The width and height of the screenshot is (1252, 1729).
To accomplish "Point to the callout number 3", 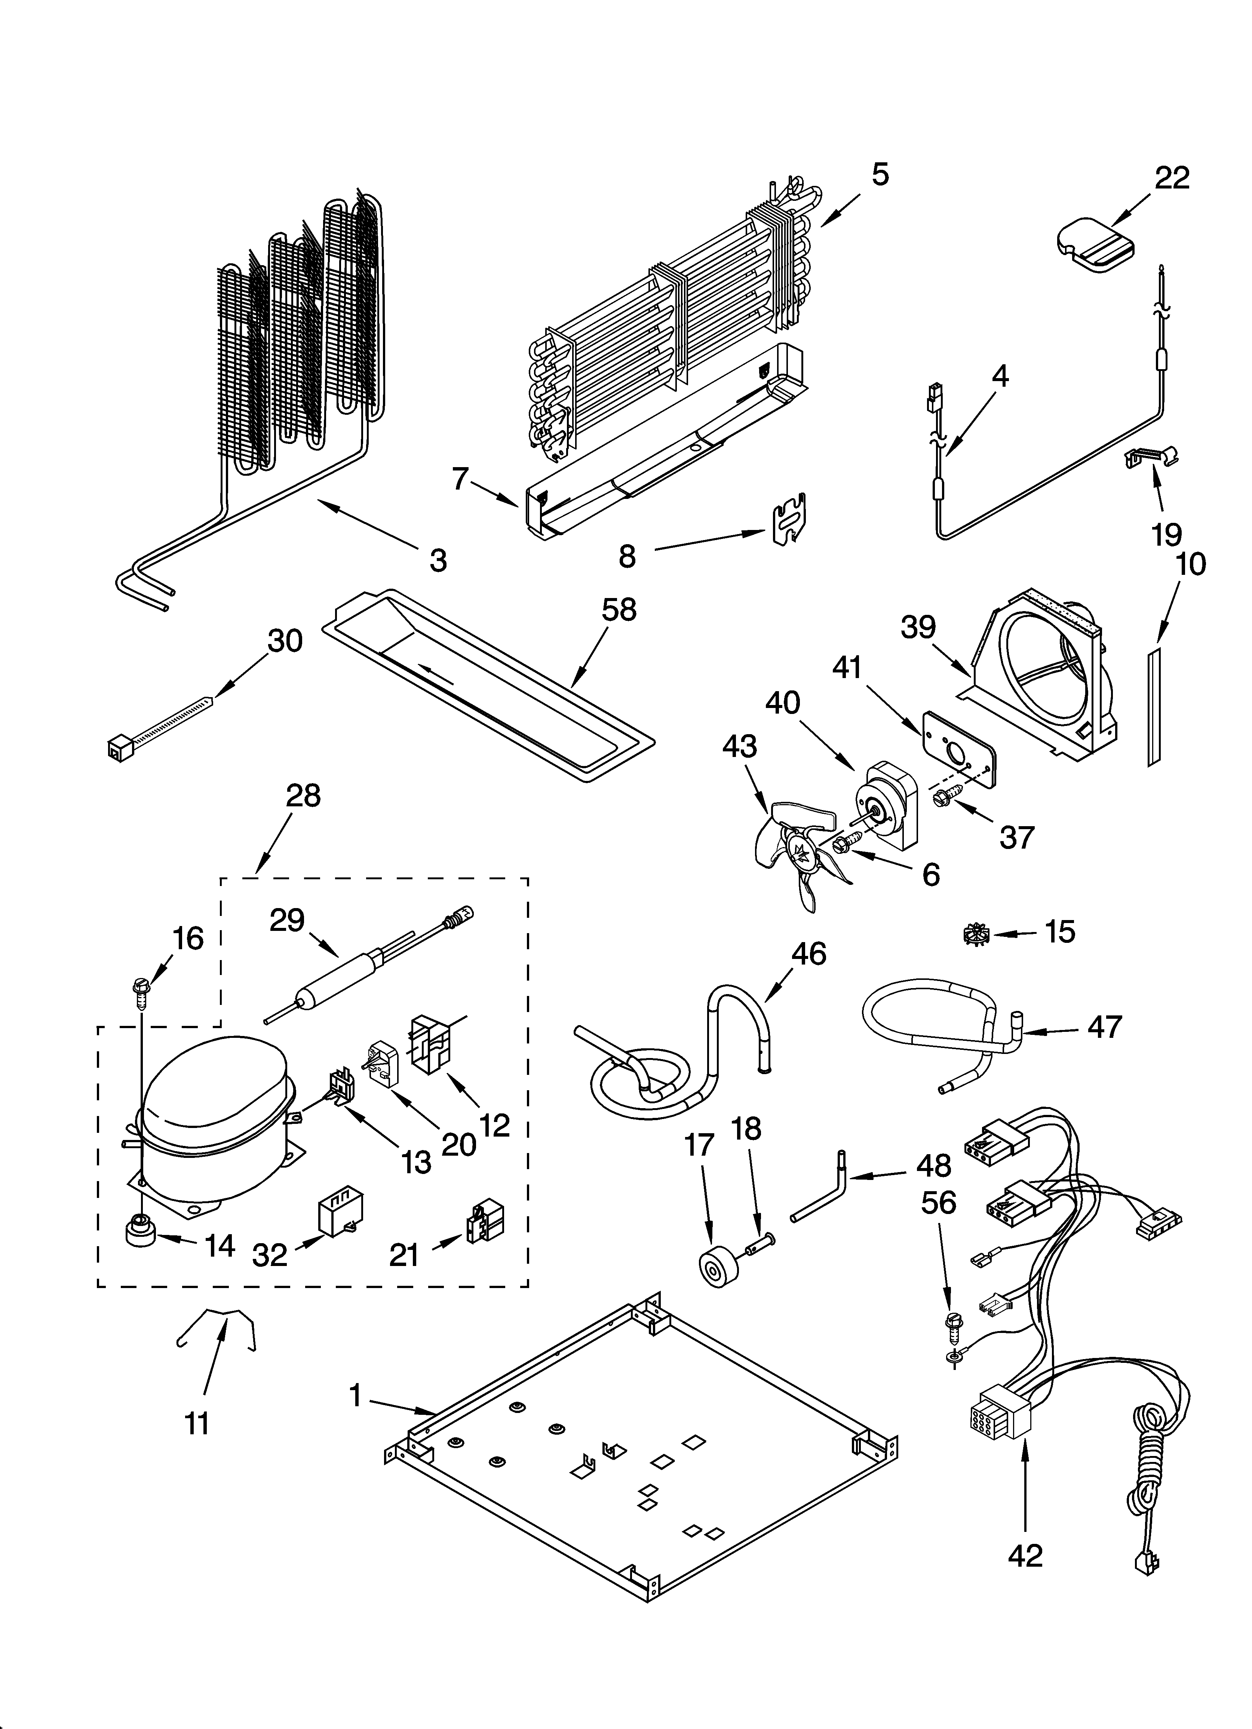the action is coord(438,560).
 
